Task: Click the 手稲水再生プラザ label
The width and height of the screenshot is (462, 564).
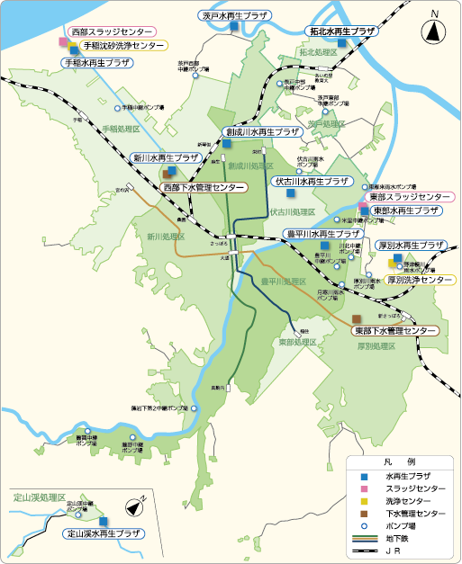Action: (95, 63)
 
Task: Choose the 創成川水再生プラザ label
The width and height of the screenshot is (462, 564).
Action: (262, 131)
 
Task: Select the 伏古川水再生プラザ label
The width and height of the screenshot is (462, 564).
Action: (311, 181)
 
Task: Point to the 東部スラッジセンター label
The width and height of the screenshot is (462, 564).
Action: (411, 196)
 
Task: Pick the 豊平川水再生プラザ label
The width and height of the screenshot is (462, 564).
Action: (322, 234)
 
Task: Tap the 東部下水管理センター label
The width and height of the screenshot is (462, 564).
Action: (394, 331)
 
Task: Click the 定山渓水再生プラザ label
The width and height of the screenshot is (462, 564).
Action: (104, 533)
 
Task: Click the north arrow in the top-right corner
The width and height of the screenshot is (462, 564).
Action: (433, 31)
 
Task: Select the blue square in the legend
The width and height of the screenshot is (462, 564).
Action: (366, 476)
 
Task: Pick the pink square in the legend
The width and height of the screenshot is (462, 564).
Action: (366, 488)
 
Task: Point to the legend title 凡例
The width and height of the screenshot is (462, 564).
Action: (403, 461)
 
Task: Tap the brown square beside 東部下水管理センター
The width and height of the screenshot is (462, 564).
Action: (358, 318)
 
